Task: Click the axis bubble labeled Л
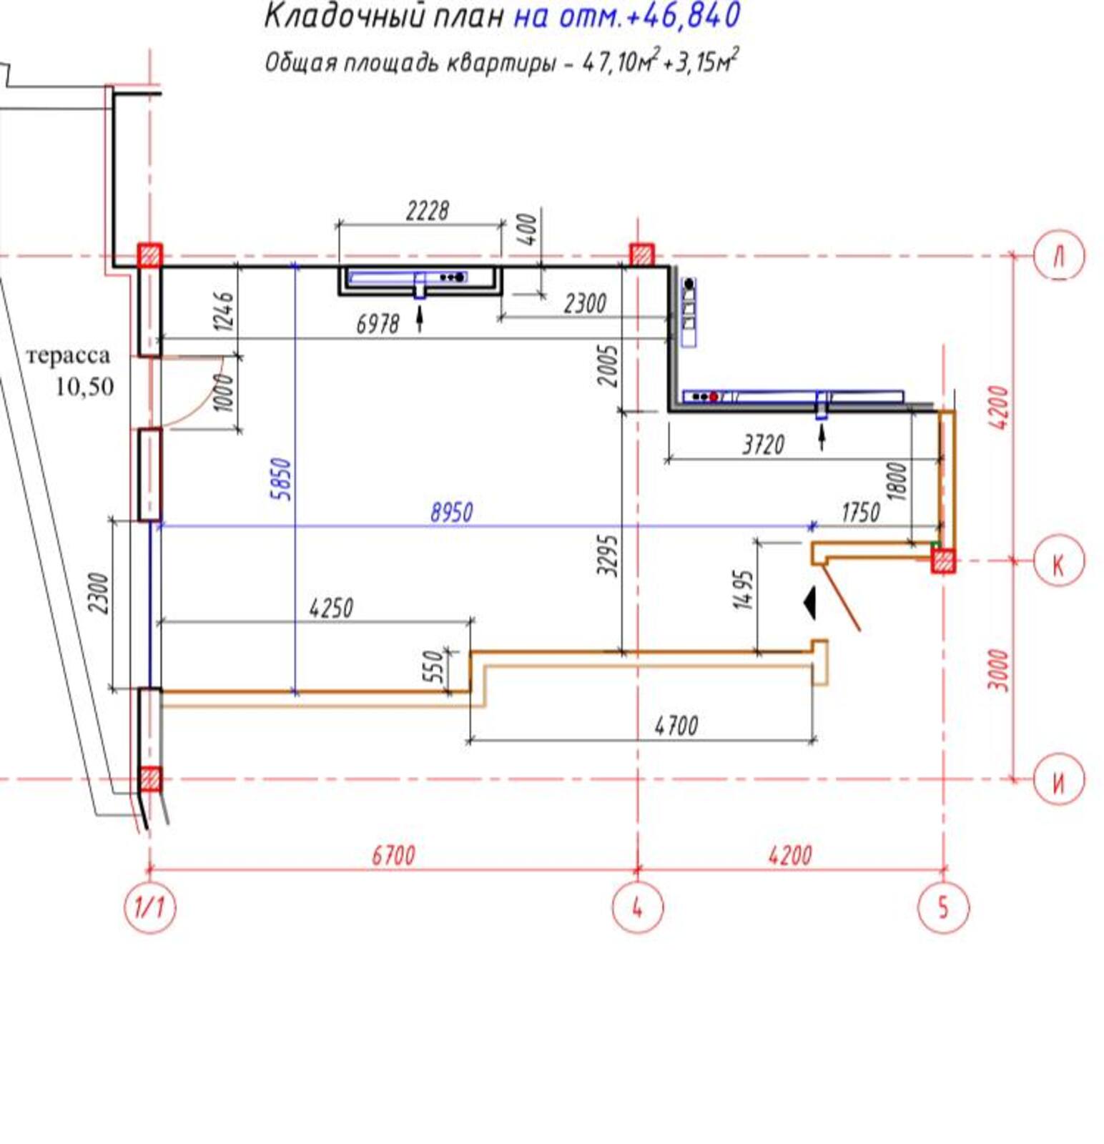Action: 1059,255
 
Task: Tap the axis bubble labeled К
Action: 1059,561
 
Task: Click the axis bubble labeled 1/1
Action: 149,907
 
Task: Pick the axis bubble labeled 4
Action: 637,907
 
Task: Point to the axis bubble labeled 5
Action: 943,907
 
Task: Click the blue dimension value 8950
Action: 451,513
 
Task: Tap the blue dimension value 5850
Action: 282,478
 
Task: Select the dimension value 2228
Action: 428,211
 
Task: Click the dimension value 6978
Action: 378,324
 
